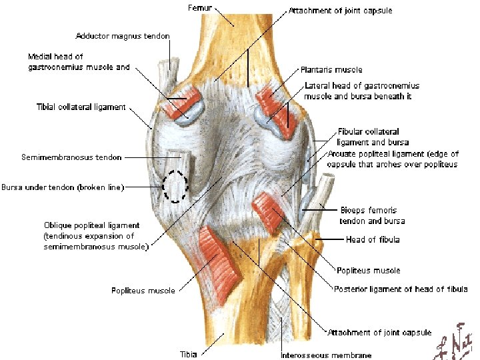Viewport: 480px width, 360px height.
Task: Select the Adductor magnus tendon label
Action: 123,35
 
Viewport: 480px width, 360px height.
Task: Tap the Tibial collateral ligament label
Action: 81,107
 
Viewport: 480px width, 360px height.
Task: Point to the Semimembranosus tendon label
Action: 71,157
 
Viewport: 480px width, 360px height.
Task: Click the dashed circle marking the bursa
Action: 177,186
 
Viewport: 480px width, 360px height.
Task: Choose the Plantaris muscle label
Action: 331,69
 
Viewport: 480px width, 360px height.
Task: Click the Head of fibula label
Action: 373,239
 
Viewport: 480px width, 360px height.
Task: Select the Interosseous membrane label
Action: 326,355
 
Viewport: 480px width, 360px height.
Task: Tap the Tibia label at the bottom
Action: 189,353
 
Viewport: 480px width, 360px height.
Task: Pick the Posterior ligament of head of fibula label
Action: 401,289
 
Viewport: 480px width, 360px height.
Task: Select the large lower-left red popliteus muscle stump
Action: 219,255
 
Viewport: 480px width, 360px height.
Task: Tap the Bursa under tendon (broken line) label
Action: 63,187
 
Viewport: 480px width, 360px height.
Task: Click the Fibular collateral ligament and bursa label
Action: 373,137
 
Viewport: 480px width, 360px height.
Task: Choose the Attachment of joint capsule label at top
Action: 340,11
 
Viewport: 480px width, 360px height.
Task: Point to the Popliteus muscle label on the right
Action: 369,270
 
